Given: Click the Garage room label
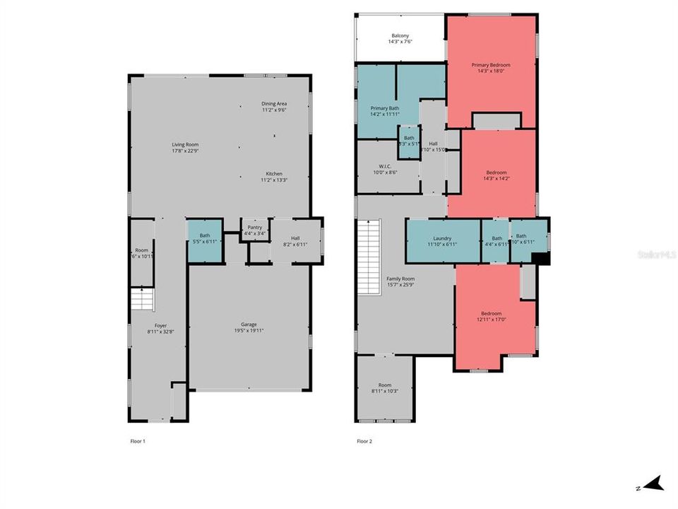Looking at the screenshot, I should [249, 324].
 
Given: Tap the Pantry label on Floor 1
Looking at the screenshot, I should [254, 227].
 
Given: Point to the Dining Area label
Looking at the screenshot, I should [274, 104].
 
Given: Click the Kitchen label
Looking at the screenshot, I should [274, 174].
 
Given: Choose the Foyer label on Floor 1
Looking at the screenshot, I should [161, 325].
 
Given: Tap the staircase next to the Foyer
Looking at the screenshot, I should [143, 300].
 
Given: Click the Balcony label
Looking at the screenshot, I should [400, 36].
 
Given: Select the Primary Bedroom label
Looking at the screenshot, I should [491, 65].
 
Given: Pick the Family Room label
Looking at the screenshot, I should [400, 279].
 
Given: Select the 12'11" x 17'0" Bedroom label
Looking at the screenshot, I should [491, 313].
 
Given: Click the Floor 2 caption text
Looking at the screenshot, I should [364, 441].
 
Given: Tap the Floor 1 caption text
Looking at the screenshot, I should [138, 441].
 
